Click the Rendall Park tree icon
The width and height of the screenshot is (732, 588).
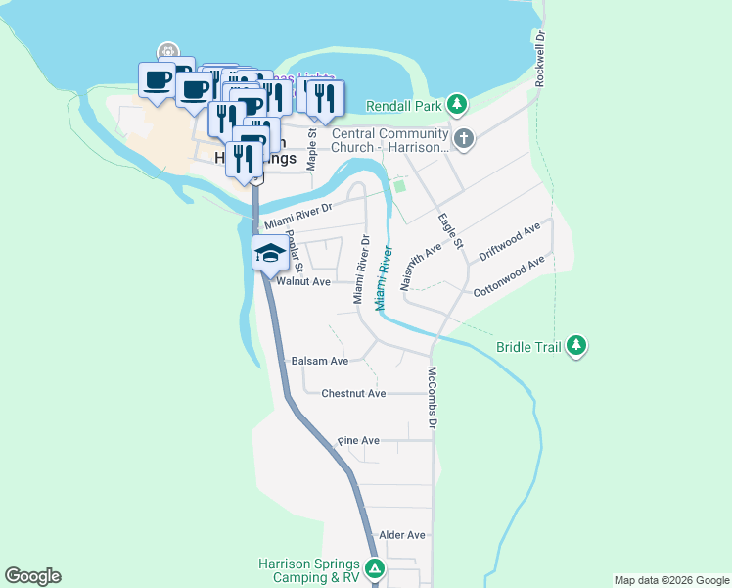[457, 104]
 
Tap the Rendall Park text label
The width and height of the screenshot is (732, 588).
[404, 105]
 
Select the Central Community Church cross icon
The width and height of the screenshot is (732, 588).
[464, 139]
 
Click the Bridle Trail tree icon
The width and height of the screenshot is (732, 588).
[577, 345]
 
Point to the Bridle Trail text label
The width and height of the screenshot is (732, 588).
[529, 346]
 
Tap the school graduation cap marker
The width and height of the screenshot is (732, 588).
[270, 253]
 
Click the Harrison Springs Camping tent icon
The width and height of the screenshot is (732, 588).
[374, 569]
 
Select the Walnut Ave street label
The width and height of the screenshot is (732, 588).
[303, 281]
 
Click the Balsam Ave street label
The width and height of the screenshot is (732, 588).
[320, 361]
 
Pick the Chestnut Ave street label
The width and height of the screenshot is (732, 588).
[353, 393]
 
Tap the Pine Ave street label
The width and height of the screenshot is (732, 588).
[358, 441]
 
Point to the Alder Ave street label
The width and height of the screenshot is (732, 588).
[402, 535]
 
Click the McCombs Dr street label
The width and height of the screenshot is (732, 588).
[431, 397]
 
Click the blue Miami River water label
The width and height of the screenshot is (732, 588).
[383, 278]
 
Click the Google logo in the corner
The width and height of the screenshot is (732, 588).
[32, 576]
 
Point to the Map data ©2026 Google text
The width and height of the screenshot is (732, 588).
[671, 580]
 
